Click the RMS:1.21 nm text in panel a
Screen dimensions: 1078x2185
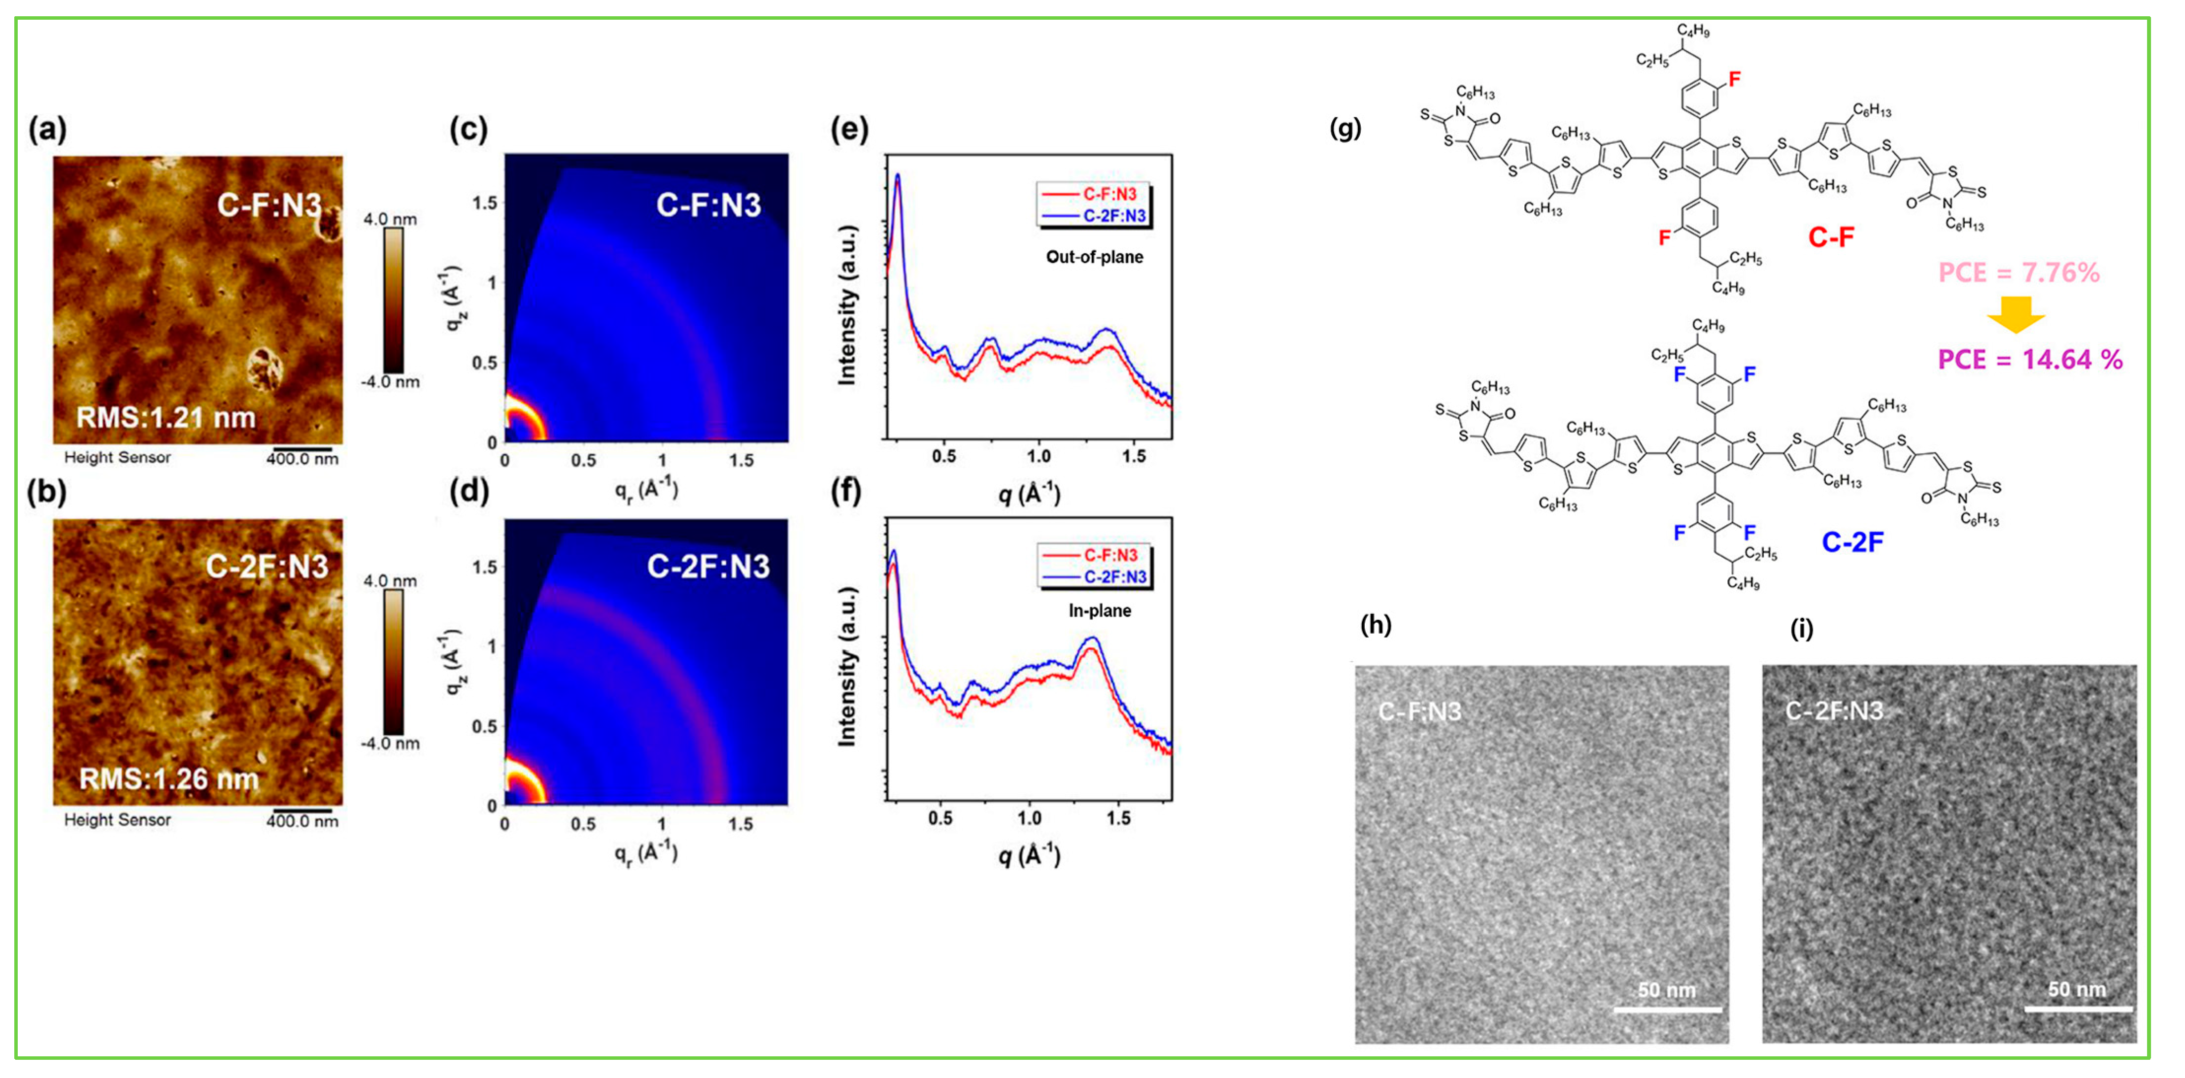coord(166,417)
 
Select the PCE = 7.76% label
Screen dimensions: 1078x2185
coord(2019,272)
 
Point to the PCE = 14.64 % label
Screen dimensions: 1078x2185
coord(2030,360)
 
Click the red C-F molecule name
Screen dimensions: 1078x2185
coord(1830,236)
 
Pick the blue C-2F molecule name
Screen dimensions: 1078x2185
coord(1852,541)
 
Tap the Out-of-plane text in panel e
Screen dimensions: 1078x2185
coord(1094,257)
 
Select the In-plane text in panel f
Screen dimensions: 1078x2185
coord(1099,610)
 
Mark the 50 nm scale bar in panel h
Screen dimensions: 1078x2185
coord(1667,1010)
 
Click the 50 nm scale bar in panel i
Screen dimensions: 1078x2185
coord(2078,1009)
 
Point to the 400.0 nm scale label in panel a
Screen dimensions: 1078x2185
coord(302,459)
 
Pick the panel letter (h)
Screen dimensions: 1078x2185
coord(1375,625)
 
